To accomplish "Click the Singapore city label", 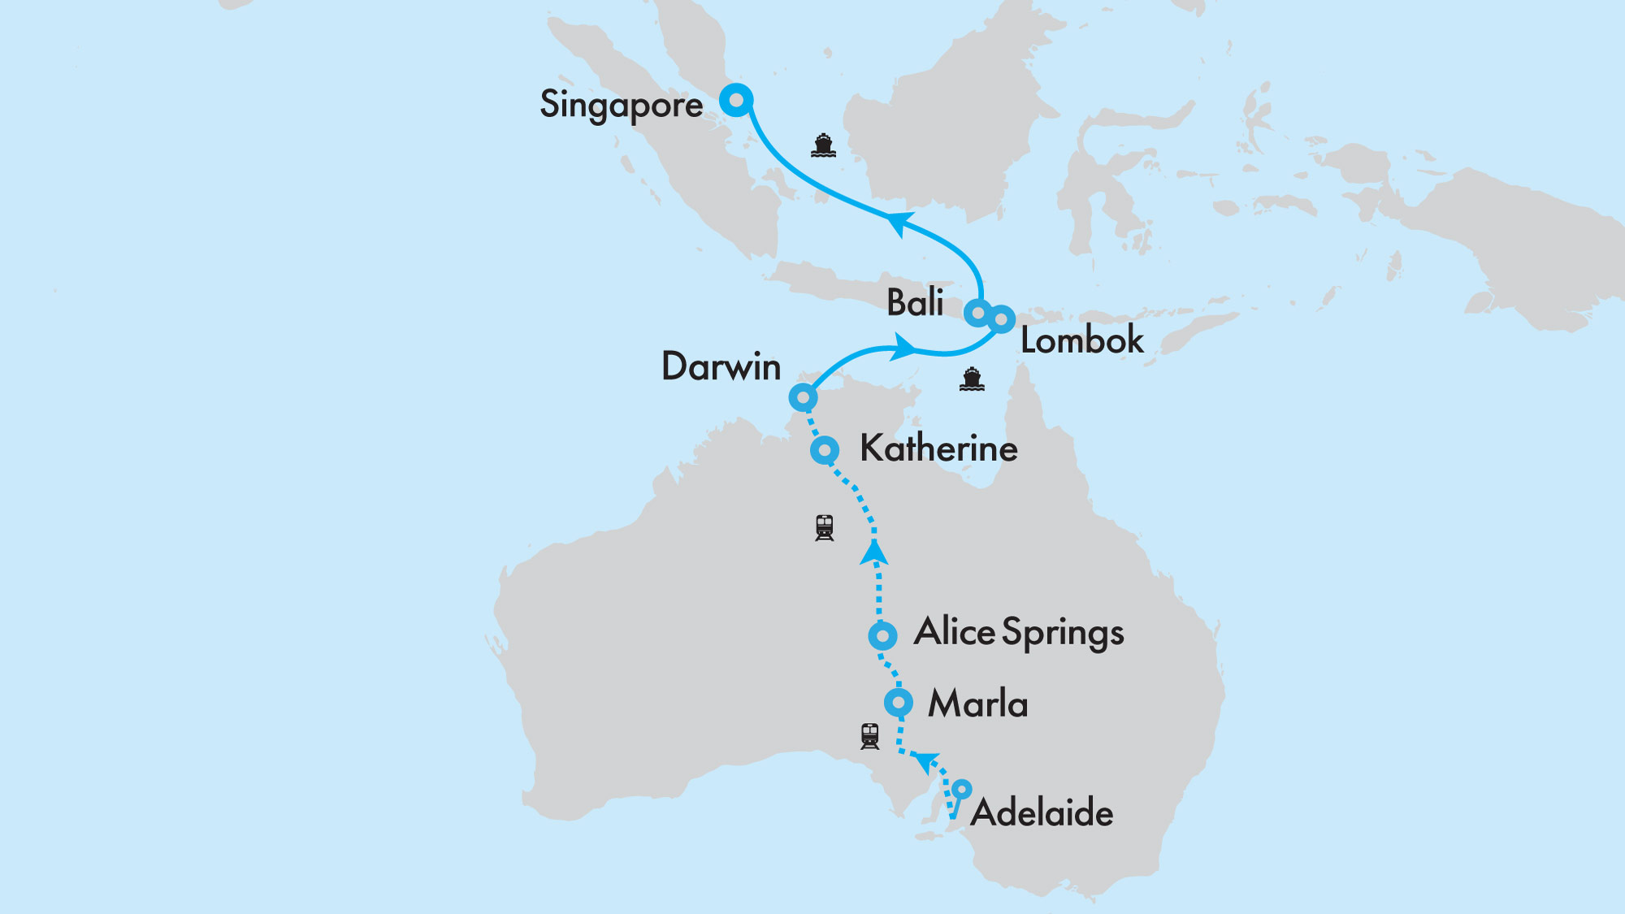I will point(622,105).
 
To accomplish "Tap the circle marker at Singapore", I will point(736,101).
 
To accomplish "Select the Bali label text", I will point(915,302).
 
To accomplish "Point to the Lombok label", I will point(1081,340).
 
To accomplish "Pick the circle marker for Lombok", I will point(1002,319).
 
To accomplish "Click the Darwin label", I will point(721,366).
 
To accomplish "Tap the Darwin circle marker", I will point(803,397).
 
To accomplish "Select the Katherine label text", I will point(938,448).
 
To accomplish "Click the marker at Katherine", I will point(825,449).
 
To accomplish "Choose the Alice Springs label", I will point(1019,633).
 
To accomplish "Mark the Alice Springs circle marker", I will point(882,635).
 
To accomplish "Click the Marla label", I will point(977,704).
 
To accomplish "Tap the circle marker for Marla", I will point(899,703).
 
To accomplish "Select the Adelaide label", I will point(1042,813).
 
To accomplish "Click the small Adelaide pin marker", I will point(961,789).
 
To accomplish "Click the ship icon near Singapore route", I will point(823,145).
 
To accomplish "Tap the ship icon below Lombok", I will point(972,379).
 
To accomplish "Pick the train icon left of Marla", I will point(869,736).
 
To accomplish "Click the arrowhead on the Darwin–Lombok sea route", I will point(903,348).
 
